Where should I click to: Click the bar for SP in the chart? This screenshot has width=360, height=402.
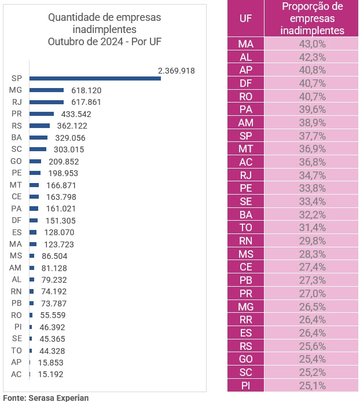tap(95, 78)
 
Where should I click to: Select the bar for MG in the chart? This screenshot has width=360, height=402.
tap(46, 90)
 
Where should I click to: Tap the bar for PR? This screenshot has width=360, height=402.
tap(42, 114)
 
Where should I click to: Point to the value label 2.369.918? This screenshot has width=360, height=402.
tap(176, 71)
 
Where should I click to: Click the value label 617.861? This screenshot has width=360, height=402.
tap(83, 102)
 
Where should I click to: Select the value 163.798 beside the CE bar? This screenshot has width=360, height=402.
tap(60, 197)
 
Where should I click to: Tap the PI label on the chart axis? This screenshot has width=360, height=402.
tap(17, 327)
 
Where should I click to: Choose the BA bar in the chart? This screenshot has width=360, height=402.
tap(38, 138)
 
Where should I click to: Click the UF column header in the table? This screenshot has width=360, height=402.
tap(246, 18)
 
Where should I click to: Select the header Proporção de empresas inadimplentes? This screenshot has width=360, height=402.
tap(312, 19)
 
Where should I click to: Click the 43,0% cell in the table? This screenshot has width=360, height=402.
tap(312, 44)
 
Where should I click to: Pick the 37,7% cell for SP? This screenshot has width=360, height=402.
tap(312, 136)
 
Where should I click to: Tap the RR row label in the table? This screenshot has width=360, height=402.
tap(246, 320)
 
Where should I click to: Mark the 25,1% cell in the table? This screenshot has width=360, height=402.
tap(312, 385)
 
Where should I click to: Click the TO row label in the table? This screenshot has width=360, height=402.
tap(246, 228)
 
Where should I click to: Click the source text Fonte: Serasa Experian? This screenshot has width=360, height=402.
tap(46, 397)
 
